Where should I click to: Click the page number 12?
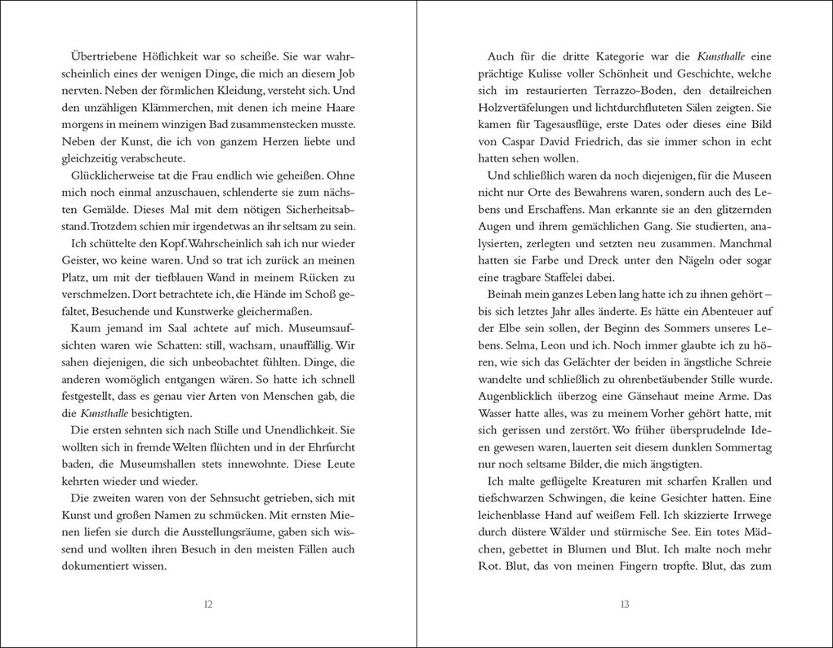(x=207, y=605)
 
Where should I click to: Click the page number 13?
(x=624, y=605)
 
